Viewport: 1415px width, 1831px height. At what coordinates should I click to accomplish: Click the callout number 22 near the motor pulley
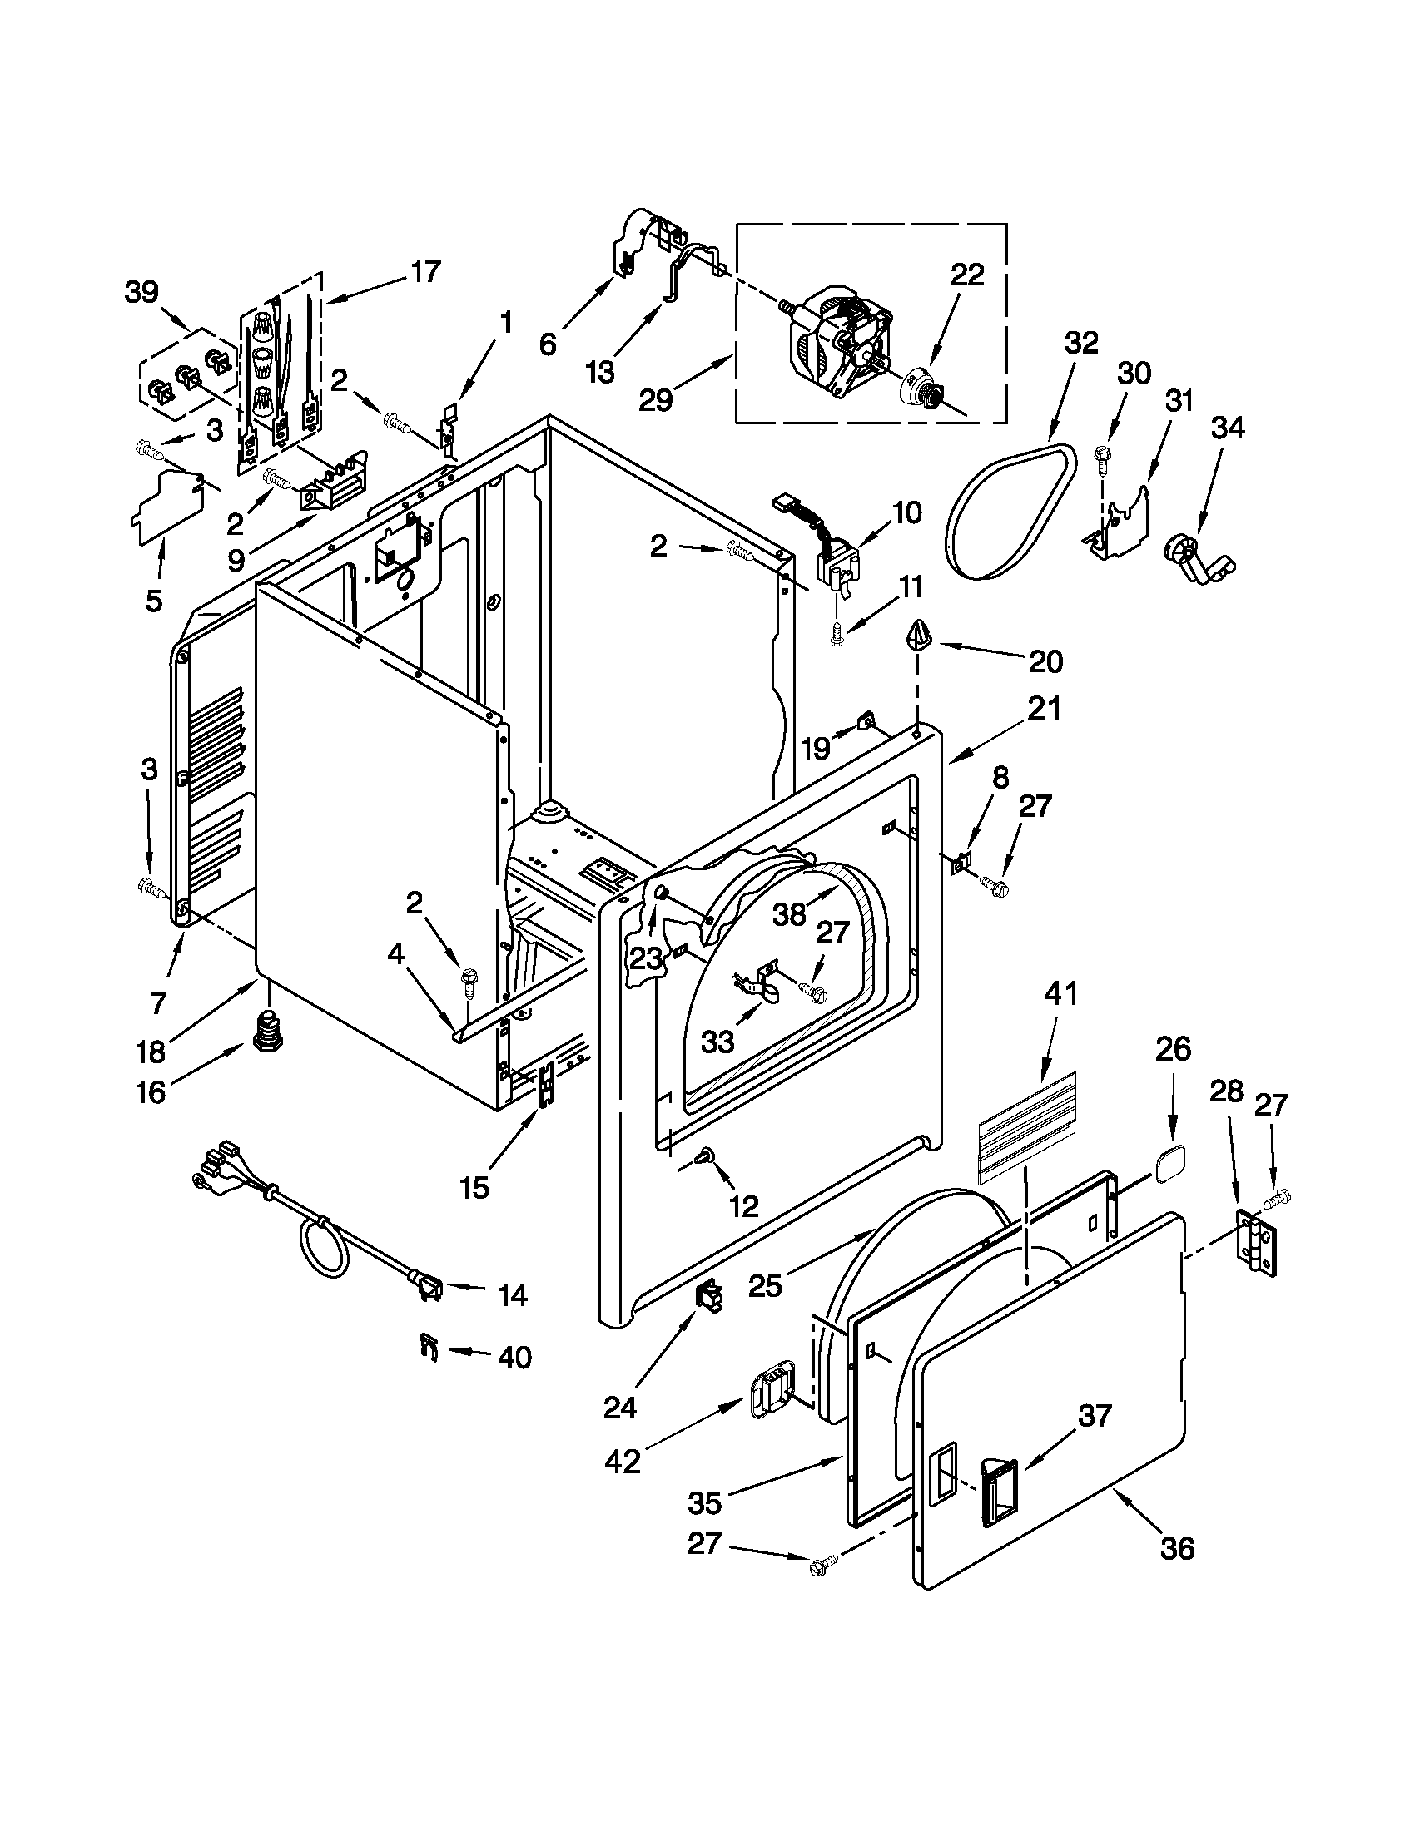coord(966,275)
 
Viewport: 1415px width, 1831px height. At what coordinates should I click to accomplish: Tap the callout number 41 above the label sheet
coord(1060,995)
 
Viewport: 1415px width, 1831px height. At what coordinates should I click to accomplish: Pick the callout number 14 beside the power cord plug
coord(512,1295)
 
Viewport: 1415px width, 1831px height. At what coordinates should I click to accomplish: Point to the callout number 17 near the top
coord(425,272)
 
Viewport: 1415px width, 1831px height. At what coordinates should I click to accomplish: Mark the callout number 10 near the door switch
coord(907,512)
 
